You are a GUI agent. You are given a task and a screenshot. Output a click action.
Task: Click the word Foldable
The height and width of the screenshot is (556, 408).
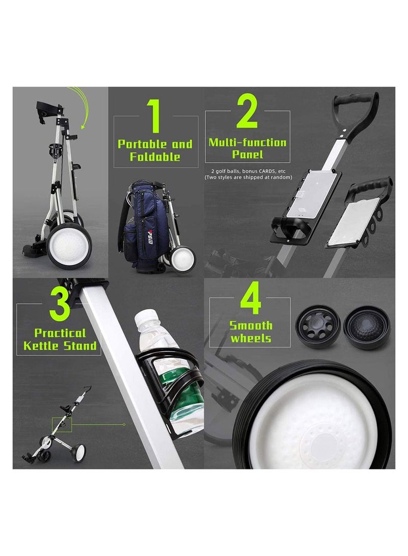click(155, 157)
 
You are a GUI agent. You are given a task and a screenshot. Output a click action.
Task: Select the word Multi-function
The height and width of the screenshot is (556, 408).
click(247, 143)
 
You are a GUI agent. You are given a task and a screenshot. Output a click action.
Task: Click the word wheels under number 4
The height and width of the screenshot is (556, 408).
click(250, 338)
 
